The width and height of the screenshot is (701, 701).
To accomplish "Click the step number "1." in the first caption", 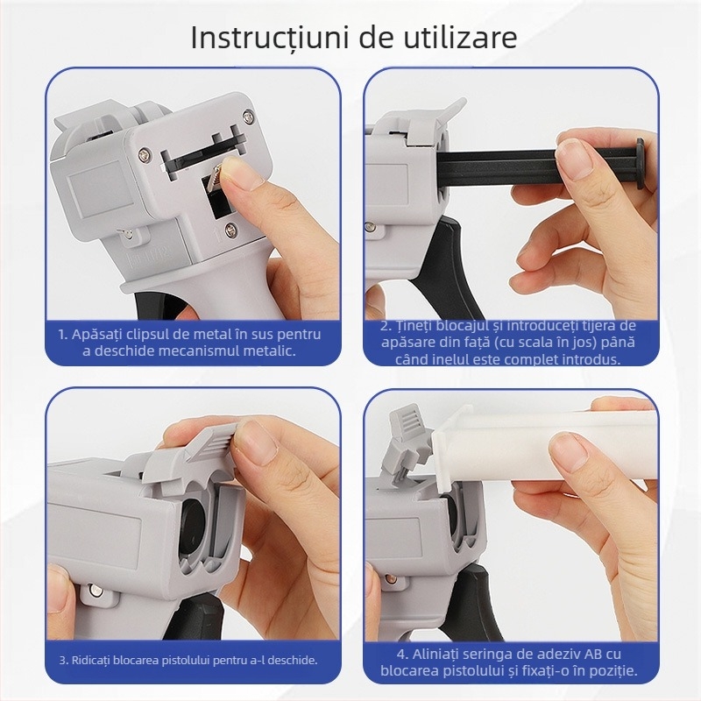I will click(x=63, y=334).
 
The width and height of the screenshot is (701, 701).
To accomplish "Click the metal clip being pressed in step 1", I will click(x=214, y=182).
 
